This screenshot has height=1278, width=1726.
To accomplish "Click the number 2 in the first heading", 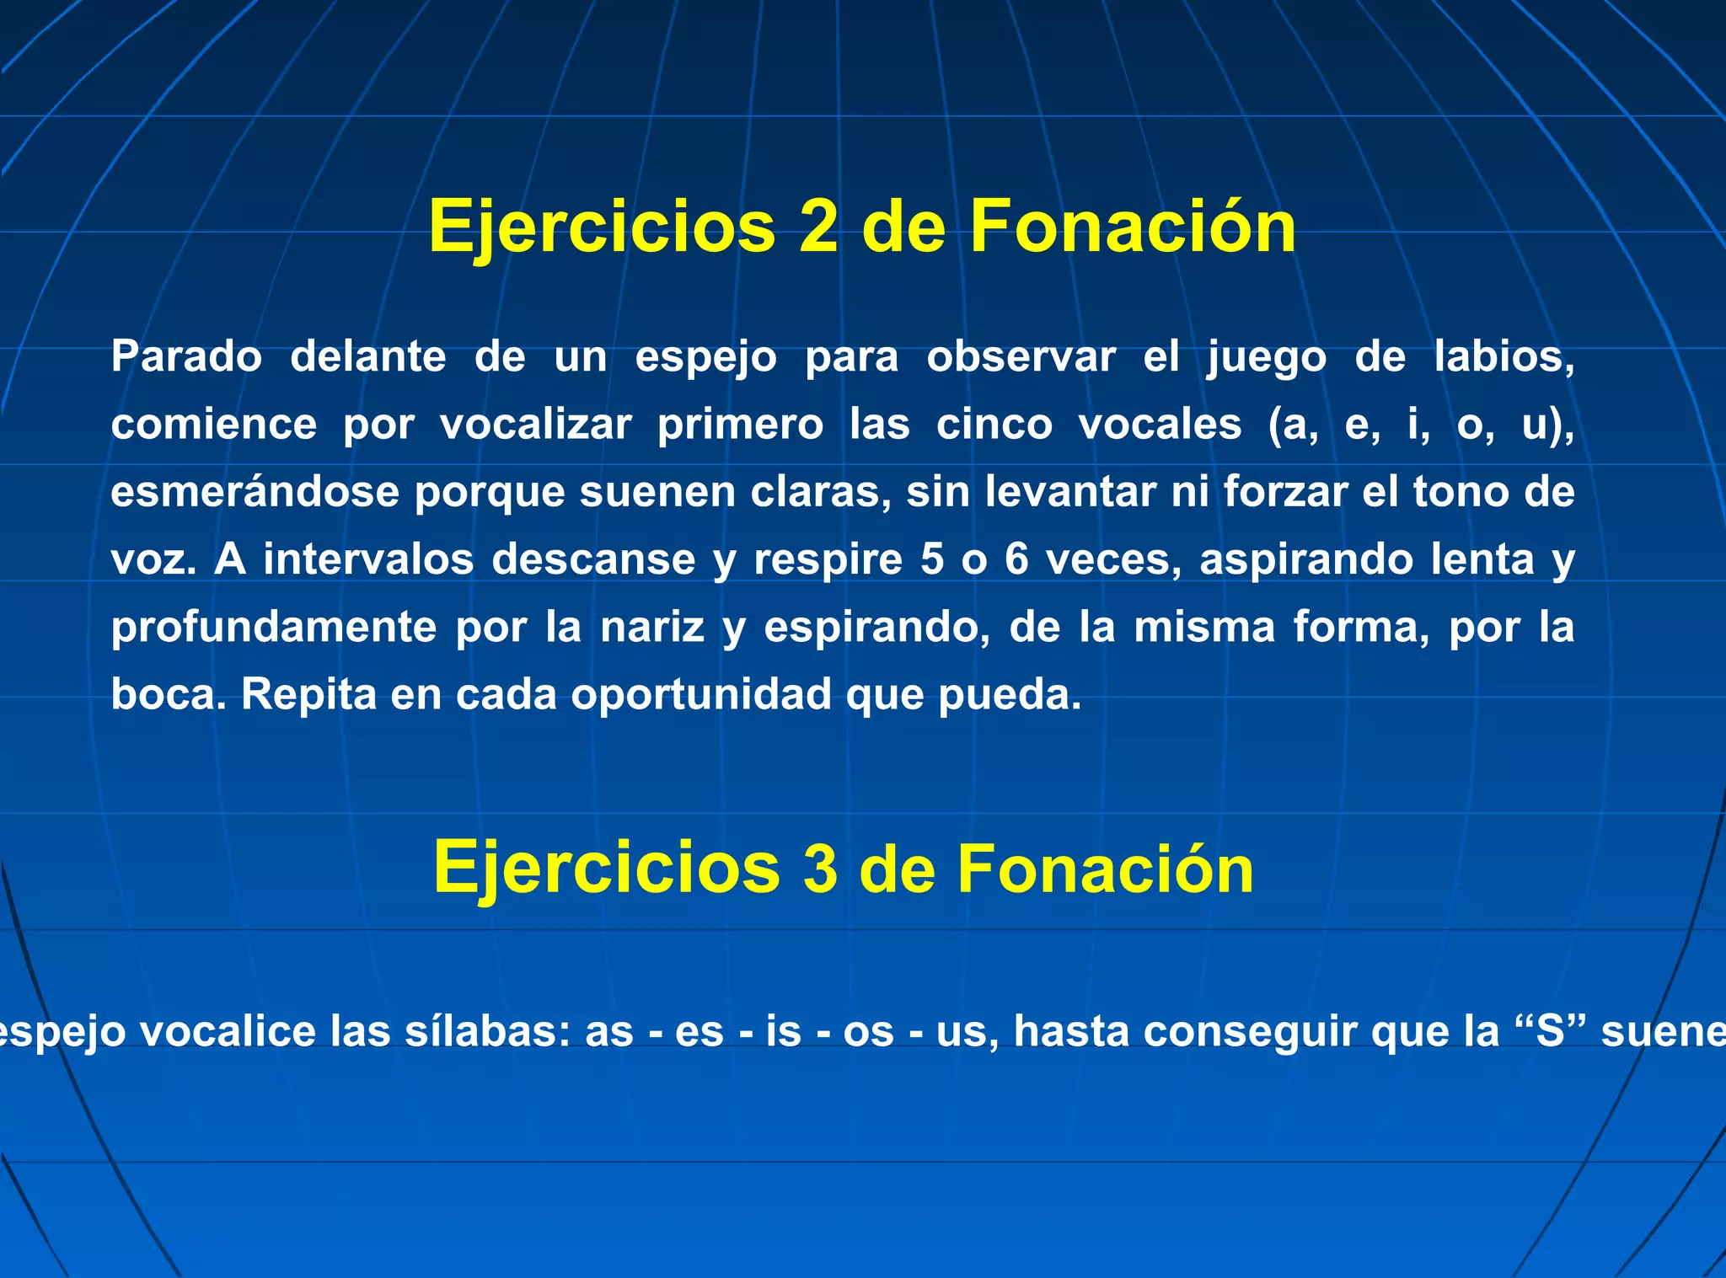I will pos(817,226).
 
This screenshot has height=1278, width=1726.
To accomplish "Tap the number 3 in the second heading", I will pos(820,869).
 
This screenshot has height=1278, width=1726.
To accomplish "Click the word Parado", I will pos(186,356).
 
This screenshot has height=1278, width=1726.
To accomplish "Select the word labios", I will pos(1504,356).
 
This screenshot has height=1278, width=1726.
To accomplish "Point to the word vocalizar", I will pos(535,424).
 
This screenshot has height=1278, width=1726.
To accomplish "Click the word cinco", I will pos(994,424).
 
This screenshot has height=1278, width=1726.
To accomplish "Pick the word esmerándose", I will pos(255,491).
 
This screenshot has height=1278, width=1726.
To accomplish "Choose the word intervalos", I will pos(368,559).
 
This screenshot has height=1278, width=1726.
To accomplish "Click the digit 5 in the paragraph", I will pos(932,559).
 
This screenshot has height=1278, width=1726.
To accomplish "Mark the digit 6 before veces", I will pos(1016,559).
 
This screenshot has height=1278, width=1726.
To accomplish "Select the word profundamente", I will pos(274,628).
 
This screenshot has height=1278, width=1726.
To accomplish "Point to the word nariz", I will pos(652,628).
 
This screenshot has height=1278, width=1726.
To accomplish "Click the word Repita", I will pos(308,695).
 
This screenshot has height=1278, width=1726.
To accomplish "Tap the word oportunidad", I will pos(701,695).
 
